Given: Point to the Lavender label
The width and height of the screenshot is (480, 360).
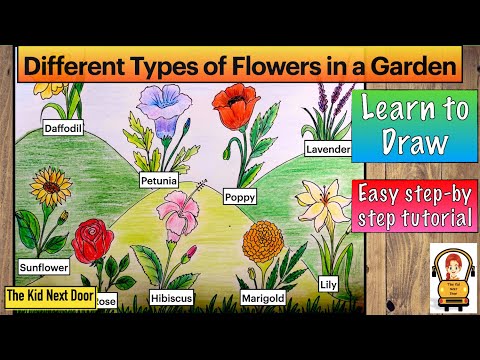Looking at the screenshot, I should (x=328, y=149).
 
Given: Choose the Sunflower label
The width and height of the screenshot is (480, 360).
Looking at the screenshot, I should (x=43, y=268).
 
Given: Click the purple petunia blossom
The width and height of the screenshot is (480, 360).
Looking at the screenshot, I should (x=160, y=104).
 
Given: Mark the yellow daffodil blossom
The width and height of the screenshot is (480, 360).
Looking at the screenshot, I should (x=50, y=88).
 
